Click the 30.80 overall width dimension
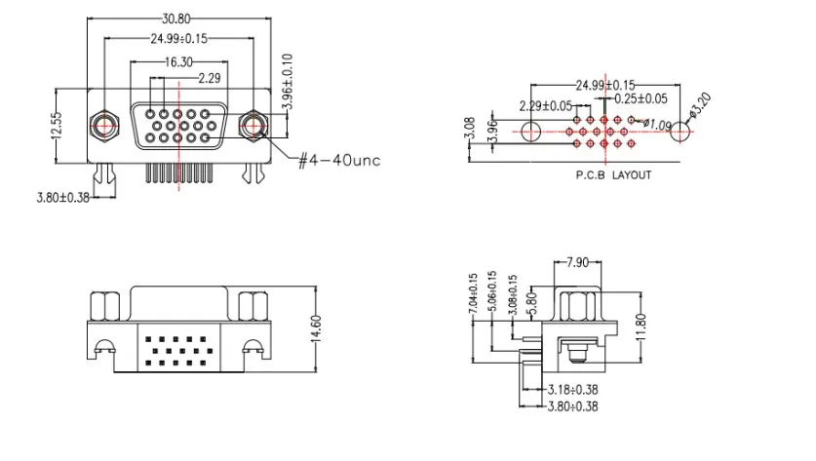click(175, 19)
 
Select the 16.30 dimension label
click(178, 62)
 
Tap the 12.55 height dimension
click(57, 126)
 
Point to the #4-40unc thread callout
click(339, 160)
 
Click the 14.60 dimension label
click(316, 328)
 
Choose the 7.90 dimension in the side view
click(576, 262)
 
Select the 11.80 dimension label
click(641, 327)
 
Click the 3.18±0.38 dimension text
click(573, 389)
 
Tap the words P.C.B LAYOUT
click(613, 175)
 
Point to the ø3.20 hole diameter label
click(699, 105)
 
